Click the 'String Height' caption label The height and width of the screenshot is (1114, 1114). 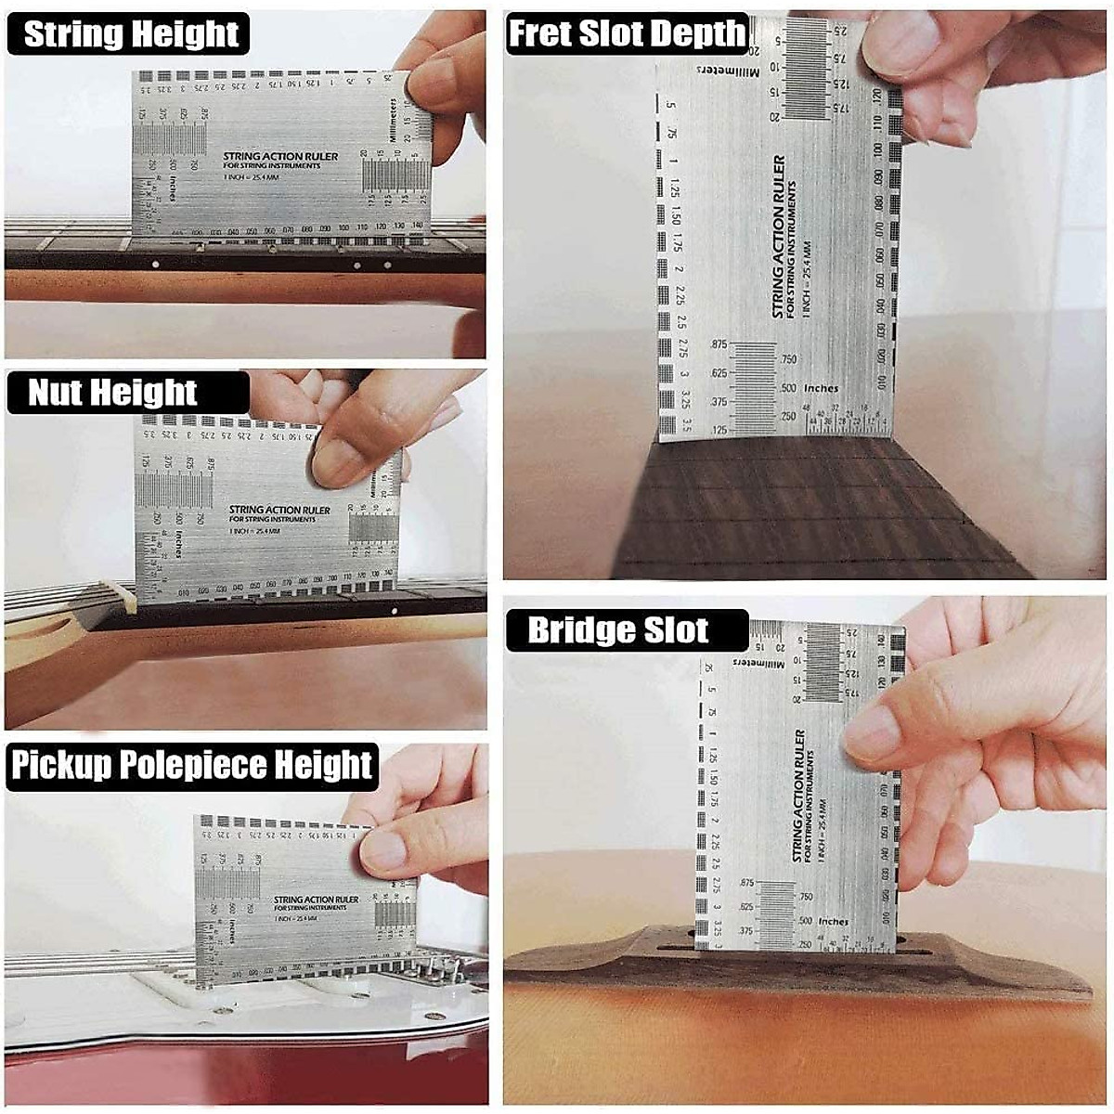pos(130,34)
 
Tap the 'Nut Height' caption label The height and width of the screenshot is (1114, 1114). pos(112,393)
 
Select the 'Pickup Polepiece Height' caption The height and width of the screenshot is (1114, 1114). pos(191,766)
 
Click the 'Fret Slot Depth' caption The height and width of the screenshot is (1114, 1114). pos(627,34)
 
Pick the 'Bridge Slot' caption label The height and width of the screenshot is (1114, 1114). pos(617,631)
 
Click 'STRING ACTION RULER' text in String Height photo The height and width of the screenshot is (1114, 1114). pos(280,157)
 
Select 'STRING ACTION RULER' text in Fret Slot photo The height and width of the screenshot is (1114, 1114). pos(779,236)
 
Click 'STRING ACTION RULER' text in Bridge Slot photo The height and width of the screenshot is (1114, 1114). pos(798,795)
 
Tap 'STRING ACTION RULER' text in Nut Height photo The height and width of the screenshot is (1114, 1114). pos(279,510)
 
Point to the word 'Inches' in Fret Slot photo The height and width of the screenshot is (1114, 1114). pos(821,388)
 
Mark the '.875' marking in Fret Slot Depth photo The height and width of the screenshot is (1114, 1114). pos(718,344)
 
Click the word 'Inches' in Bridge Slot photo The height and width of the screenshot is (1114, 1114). pos(833,922)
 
